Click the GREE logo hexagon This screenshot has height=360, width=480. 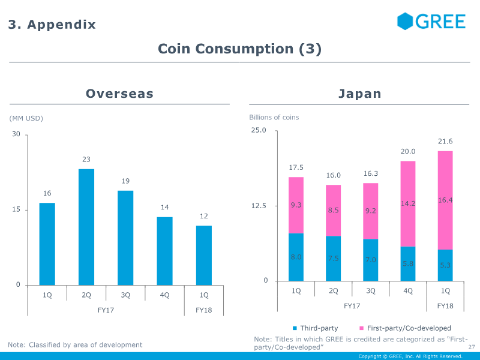coord(406,22)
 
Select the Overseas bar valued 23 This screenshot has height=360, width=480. coord(86,227)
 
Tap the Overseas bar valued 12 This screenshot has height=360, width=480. coord(204,255)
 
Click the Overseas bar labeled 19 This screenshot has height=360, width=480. coord(125,238)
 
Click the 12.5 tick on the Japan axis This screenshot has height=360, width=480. coord(259,206)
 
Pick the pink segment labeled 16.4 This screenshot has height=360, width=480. coord(445,200)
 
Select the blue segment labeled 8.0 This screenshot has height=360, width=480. coord(296,257)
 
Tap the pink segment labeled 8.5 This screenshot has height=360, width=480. coord(334,211)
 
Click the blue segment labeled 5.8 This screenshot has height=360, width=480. coord(408,263)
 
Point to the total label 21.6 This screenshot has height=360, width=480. coord(445,142)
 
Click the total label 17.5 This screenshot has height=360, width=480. coord(296,167)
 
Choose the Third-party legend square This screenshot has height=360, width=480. coord(295,328)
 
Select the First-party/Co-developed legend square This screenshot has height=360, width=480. coord(361,328)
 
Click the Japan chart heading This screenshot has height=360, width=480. coord(359,94)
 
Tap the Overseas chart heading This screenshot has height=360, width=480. coord(119,94)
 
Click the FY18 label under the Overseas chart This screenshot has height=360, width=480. coord(204,310)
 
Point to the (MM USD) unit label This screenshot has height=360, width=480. coord(26,118)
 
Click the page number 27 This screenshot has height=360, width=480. coord(471,347)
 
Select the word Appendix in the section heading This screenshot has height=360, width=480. coord(62,25)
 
